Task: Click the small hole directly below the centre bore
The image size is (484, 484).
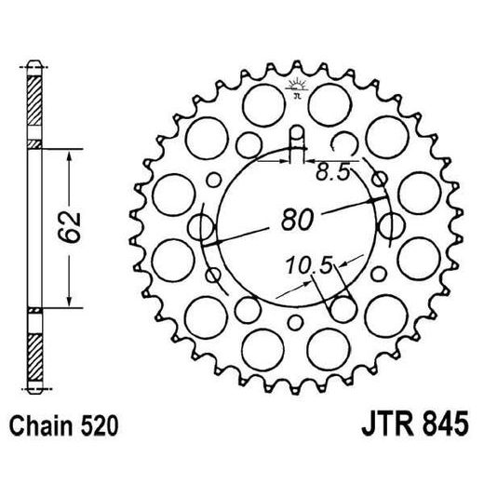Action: pos(296,322)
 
